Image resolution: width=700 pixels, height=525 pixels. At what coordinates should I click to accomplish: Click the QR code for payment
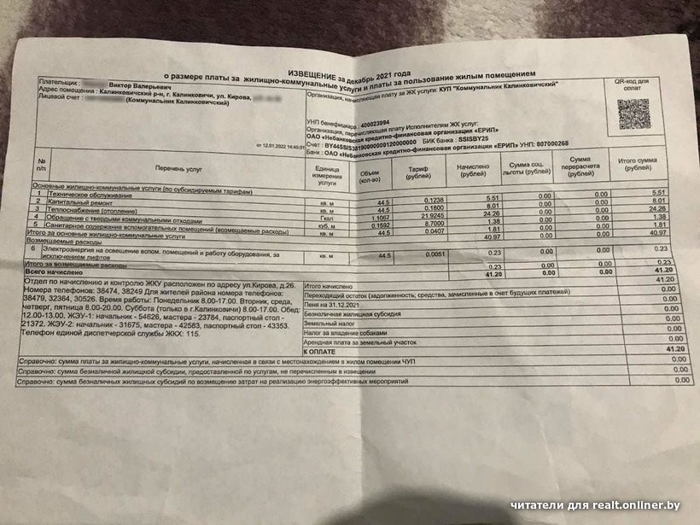[635, 113]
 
